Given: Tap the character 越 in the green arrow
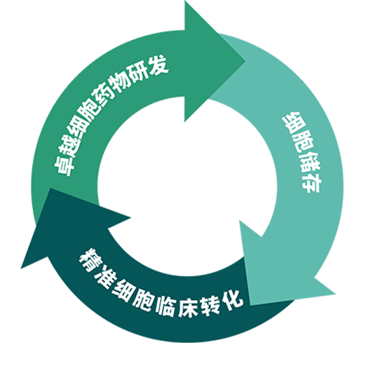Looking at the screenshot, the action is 69,147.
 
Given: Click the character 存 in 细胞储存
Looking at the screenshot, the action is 311,183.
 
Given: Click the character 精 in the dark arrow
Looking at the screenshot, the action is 90,259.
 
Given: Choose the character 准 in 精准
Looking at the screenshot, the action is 104,278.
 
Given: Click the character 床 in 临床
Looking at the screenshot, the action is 188,307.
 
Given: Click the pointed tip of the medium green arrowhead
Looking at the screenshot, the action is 245,61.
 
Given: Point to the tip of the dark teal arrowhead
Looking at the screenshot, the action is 21,269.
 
